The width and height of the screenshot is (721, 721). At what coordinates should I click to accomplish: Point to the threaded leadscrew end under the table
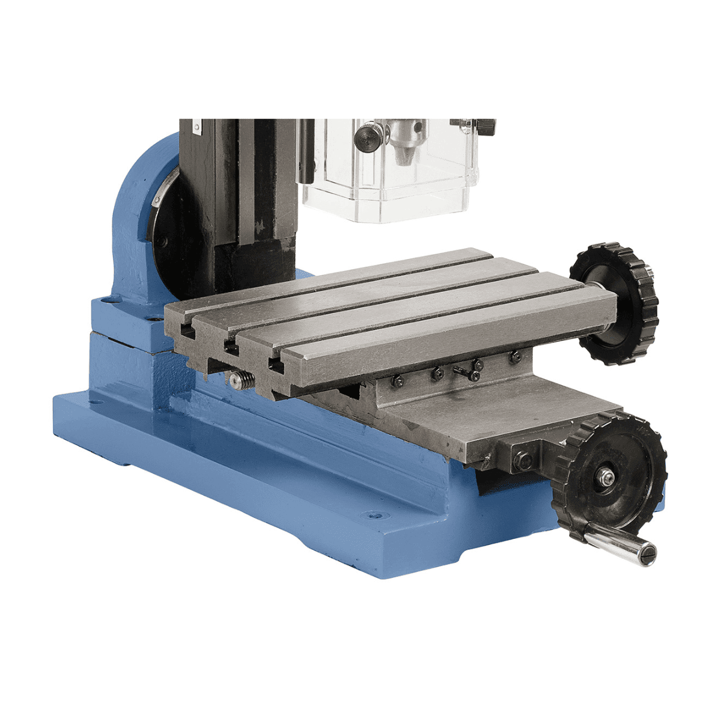[x=242, y=379]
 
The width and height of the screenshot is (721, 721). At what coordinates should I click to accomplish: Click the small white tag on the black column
[x=196, y=126]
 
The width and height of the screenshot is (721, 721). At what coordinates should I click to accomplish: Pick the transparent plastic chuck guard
[x=391, y=174]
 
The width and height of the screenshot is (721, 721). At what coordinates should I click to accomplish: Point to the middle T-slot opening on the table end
[x=230, y=347]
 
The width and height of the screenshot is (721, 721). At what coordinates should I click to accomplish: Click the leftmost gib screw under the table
[x=396, y=380]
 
